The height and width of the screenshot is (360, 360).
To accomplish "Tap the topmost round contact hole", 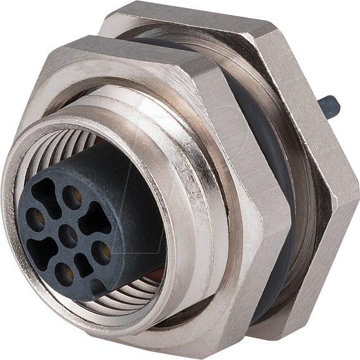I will (72, 197).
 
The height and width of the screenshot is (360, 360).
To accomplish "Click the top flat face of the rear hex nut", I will (187, 16).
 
